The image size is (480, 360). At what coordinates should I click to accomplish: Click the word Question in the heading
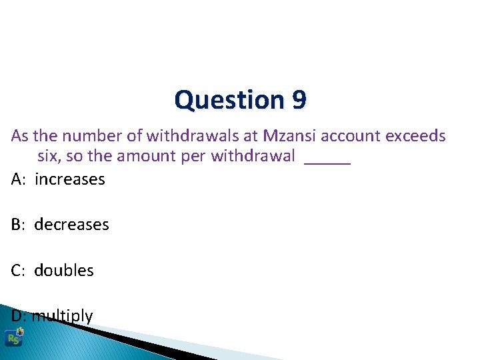[x=230, y=101]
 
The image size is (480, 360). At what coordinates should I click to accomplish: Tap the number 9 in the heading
[x=299, y=101]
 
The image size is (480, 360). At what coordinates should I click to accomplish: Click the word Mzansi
[x=290, y=136]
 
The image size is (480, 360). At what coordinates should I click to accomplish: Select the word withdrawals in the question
[x=197, y=136]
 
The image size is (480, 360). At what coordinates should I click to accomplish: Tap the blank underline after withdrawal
[x=327, y=160]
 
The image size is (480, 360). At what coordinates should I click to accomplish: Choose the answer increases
[x=70, y=179]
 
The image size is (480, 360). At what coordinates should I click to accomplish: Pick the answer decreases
[x=71, y=225]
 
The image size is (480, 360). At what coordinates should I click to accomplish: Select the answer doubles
[x=64, y=270]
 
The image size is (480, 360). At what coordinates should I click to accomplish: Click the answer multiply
[x=63, y=316]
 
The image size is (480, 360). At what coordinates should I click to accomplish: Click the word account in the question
[x=351, y=136]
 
